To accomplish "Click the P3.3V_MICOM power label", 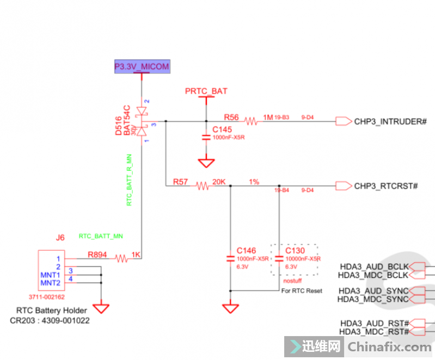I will point(142,67).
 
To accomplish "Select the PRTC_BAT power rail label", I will point(206,91).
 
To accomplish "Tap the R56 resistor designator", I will point(231,117).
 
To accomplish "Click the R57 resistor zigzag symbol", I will point(203,186).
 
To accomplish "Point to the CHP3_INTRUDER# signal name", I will point(390,121).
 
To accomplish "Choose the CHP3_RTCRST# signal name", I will point(385,186).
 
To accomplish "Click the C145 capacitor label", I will point(222,130).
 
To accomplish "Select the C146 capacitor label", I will point(246,251).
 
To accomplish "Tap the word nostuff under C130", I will point(293,281).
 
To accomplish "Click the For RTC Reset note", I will point(302,291).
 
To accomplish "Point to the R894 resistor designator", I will point(98,254).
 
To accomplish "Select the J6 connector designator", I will point(60,237).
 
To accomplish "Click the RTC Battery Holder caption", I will point(48,311).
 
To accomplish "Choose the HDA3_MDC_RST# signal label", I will point(374,331).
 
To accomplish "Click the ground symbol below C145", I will point(206,163).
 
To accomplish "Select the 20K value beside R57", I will point(219,182).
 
